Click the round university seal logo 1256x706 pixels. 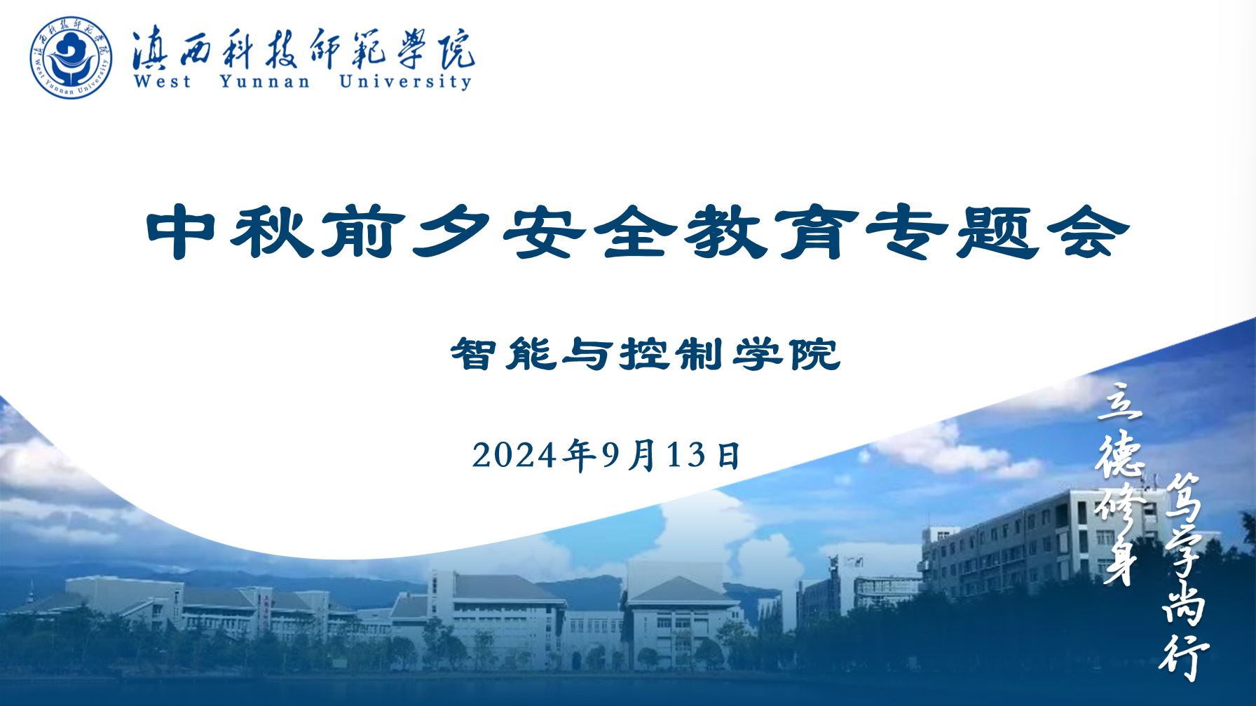71,57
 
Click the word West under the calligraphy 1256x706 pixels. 163,81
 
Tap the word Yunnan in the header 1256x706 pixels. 265,82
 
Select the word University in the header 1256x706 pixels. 406,82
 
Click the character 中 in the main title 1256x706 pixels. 181,232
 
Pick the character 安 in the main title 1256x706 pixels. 544,232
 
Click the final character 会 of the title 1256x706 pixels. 1088,232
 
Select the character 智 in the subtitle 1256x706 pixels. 475,354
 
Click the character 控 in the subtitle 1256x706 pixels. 645,354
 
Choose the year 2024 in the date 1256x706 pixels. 514,455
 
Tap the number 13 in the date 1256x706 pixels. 686,455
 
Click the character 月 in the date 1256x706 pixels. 642,455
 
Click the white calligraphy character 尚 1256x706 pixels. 1184,602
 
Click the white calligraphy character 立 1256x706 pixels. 1119,402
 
